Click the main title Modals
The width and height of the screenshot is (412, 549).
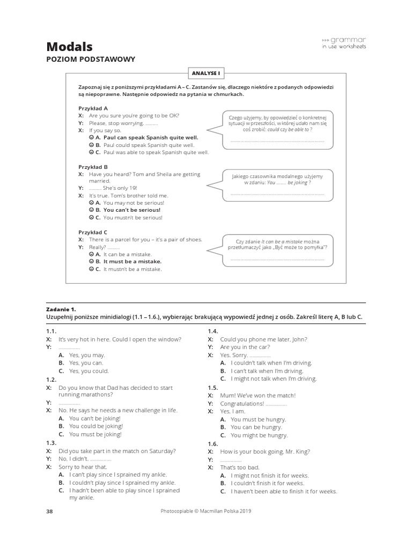(x=69, y=47)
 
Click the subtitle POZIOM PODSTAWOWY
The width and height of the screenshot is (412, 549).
(x=91, y=60)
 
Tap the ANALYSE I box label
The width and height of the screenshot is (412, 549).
(x=206, y=72)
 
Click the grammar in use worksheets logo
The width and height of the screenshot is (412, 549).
(x=344, y=43)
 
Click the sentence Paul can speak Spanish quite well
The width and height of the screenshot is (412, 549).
(x=150, y=137)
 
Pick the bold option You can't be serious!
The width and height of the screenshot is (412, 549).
(x=131, y=210)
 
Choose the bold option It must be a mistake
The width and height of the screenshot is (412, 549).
(x=132, y=262)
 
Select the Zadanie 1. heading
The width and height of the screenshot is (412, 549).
(x=62, y=309)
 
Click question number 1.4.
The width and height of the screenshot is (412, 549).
(x=213, y=331)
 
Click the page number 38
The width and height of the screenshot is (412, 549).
(x=49, y=511)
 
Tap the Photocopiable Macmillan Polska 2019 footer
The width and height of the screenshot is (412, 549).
(x=206, y=511)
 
